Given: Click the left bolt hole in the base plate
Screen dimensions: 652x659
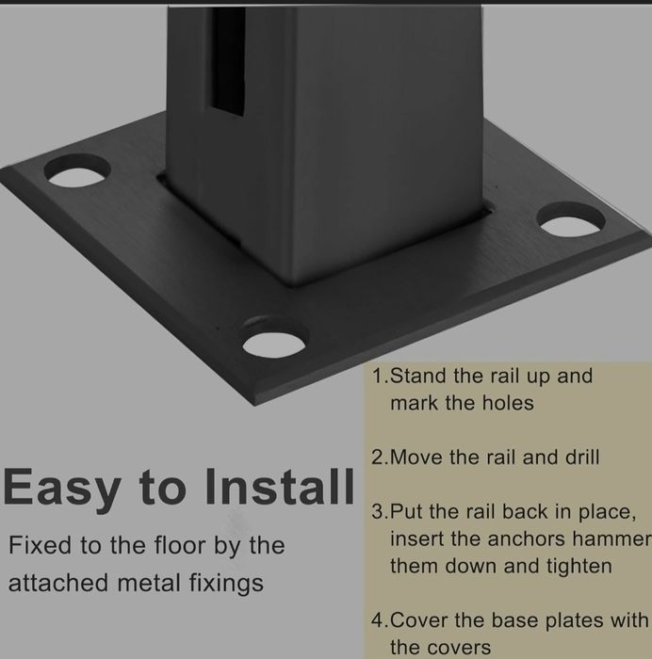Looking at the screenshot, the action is pos(77,171).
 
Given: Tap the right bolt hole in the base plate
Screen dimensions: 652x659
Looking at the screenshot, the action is pos(571,218).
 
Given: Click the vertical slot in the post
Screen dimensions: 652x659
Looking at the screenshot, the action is pos(228,61).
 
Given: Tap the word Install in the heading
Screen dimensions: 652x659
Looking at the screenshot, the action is pos(280,487).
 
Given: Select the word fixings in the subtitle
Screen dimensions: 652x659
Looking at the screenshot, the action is pos(226,584).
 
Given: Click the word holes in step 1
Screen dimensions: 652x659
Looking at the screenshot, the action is pos(508,403).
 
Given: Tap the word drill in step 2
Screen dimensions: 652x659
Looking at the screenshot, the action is pos(582,457).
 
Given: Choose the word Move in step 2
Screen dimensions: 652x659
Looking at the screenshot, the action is pos(416,458).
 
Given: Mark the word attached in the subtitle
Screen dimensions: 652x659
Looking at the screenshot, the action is pos(58,583).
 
